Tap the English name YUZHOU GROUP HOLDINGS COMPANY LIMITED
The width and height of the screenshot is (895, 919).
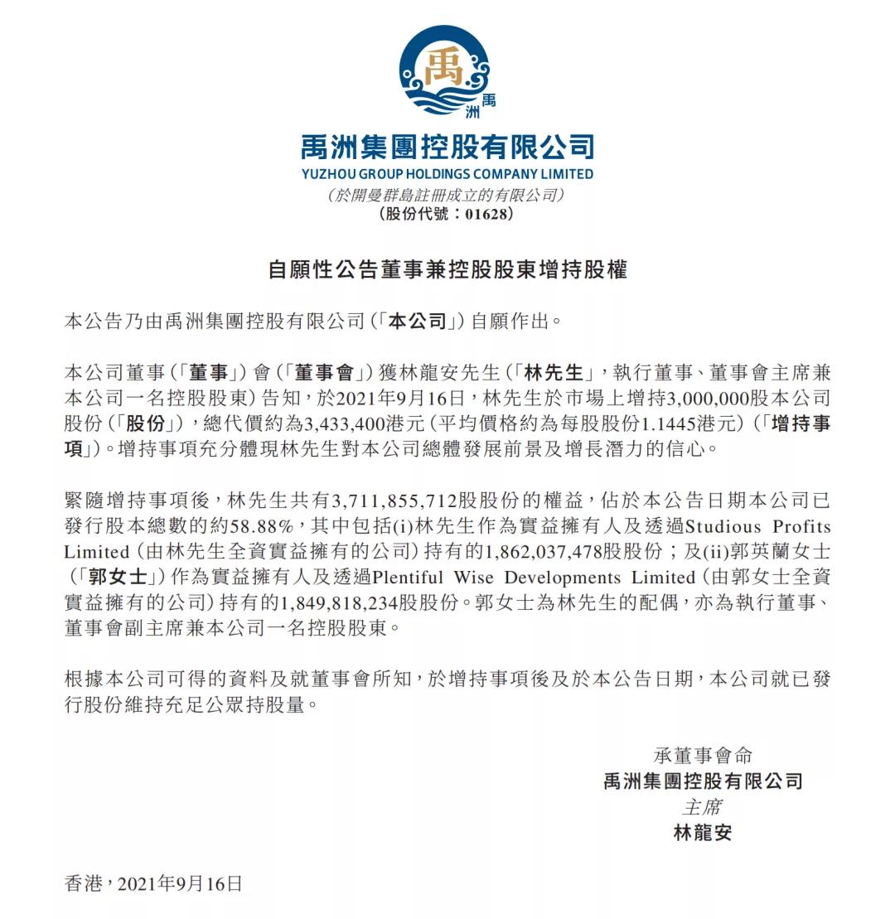[447, 174]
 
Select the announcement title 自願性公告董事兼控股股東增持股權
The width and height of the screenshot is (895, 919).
[447, 269]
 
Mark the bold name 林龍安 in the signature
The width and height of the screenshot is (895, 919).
[703, 833]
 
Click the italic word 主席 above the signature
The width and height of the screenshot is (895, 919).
[703, 806]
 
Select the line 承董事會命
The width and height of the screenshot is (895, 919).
[703, 755]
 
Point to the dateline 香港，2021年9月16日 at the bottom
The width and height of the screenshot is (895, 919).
[153, 883]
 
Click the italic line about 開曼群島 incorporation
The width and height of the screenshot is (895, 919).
[447, 196]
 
